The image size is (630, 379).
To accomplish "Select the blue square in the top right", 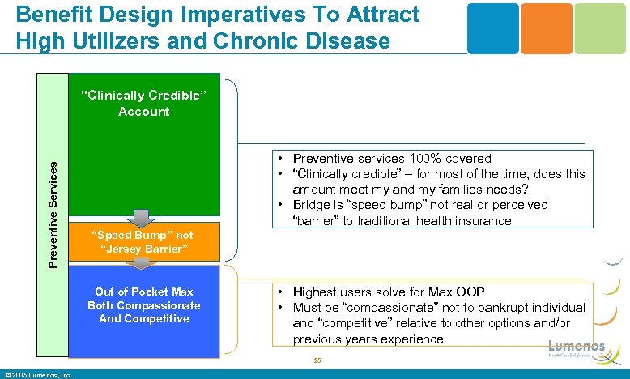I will pyautogui.click(x=493, y=28).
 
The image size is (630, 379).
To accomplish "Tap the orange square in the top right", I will pyautogui.click(x=549, y=28).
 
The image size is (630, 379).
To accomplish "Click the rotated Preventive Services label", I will pyautogui.click(x=53, y=213).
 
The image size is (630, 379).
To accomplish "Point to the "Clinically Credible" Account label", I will pyautogui.click(x=143, y=104).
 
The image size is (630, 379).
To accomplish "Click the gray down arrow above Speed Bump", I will pyautogui.click(x=139, y=218).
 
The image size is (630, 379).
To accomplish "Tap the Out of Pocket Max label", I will pyautogui.click(x=144, y=292).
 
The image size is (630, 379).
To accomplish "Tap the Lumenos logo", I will pyautogui.click(x=576, y=348).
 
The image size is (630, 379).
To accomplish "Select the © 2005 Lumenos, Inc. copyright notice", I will pyautogui.click(x=39, y=374).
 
